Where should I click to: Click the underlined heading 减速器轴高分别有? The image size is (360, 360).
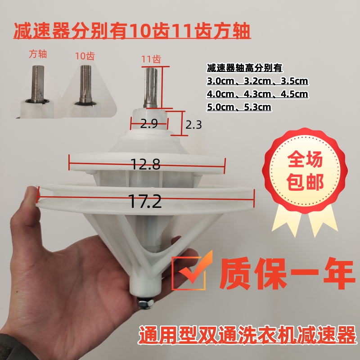click(244, 68)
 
